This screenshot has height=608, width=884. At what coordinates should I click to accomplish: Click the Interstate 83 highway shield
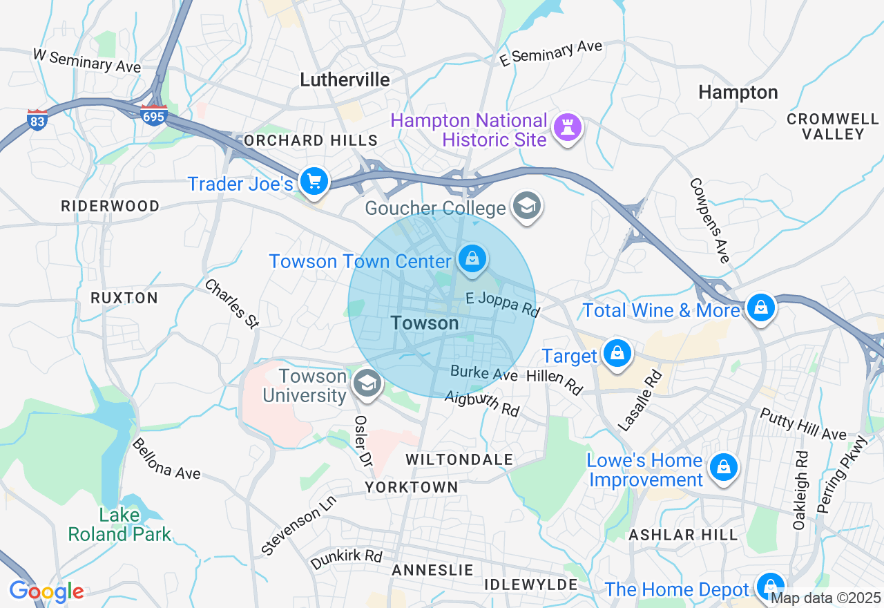[37, 120]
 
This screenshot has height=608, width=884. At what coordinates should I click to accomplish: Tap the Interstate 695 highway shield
[153, 115]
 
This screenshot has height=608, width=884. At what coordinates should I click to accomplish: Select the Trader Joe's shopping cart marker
[314, 182]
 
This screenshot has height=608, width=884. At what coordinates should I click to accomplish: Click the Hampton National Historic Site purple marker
[568, 127]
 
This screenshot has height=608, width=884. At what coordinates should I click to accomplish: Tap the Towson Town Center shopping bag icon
[472, 259]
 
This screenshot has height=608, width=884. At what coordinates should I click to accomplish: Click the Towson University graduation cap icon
[367, 383]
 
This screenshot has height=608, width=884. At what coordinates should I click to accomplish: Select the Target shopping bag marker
[617, 354]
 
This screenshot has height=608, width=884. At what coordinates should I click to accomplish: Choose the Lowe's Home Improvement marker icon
[723, 468]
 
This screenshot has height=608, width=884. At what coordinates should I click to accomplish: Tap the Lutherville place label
[345, 79]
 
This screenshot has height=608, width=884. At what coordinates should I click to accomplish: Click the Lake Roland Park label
[121, 524]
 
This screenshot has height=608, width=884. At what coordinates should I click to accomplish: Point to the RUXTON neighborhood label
[124, 298]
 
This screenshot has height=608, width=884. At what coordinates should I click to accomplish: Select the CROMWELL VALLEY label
[833, 126]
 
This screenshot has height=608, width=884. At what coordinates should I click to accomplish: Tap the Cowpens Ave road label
[710, 220]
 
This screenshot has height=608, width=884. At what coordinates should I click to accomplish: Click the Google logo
[46, 592]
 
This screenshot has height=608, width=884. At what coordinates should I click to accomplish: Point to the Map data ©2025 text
[825, 598]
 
